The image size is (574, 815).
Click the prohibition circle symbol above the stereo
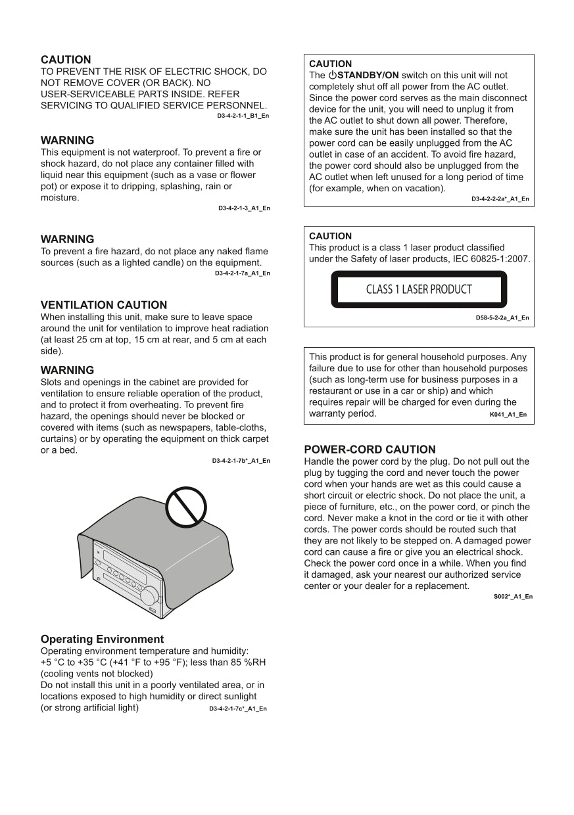point(186,507)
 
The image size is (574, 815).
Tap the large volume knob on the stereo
point(149,595)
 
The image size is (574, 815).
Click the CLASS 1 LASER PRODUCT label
point(419,289)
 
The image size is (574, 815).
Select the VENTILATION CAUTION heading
point(104,305)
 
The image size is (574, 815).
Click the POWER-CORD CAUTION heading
point(370,450)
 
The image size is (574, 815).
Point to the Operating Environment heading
point(102,639)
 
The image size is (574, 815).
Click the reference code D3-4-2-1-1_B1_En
point(243,116)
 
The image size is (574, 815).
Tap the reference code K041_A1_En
point(508,415)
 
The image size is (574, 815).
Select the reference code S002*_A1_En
point(513,596)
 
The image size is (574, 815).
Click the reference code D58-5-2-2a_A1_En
point(502,317)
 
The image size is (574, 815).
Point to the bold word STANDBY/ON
point(368,76)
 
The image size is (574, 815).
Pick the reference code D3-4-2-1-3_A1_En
point(244,208)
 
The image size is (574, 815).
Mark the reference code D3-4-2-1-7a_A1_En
point(242,273)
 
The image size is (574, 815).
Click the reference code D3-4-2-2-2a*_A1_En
point(500,198)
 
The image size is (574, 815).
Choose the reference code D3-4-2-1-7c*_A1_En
point(238,709)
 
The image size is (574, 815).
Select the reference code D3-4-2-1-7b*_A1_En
point(241,461)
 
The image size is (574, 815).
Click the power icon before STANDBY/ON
point(332,76)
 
